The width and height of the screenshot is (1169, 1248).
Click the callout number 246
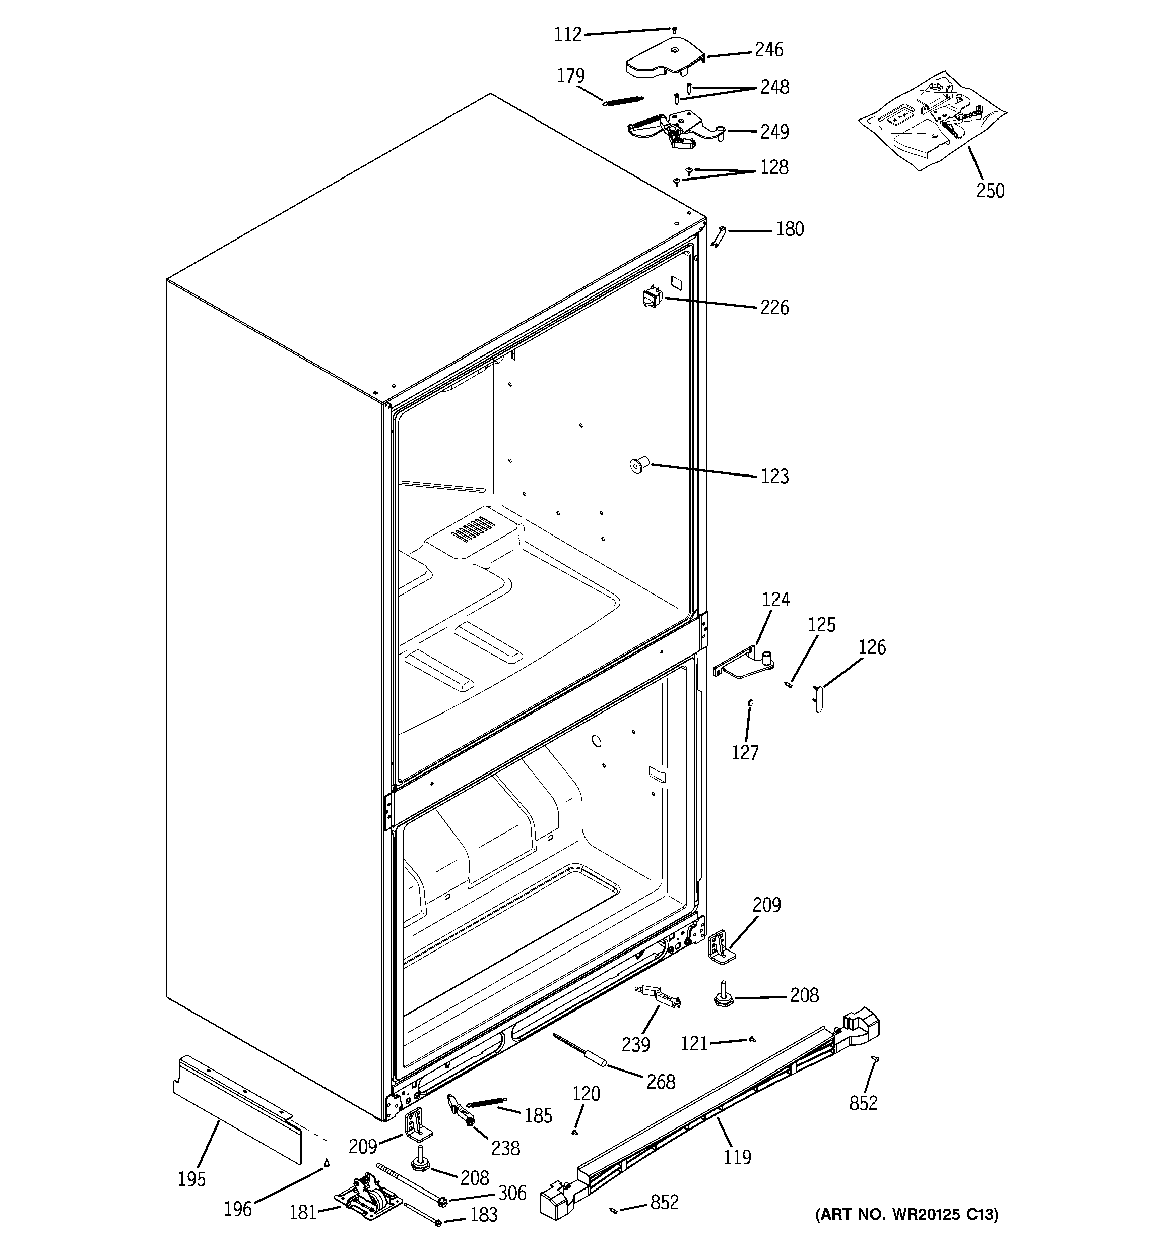768,49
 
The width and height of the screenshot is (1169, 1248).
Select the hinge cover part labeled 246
663,59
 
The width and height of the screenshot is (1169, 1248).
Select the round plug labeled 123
638,466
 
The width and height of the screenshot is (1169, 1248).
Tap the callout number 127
744,753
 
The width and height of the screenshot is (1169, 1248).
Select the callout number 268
660,1082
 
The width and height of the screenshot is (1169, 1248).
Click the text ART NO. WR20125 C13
906,1215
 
